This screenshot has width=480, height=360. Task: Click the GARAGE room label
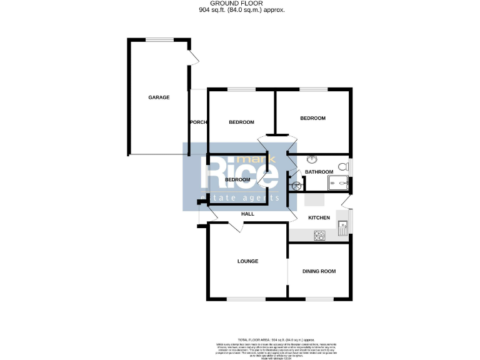(x=159, y=97)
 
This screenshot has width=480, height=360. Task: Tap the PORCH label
(x=198, y=122)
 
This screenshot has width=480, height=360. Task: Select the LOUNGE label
(x=247, y=261)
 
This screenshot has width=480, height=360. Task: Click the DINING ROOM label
(x=319, y=271)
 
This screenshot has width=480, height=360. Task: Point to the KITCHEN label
(x=319, y=217)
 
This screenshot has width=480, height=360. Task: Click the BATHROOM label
(x=319, y=172)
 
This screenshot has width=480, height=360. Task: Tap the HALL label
(x=248, y=214)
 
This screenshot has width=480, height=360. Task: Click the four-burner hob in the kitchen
(x=319, y=236)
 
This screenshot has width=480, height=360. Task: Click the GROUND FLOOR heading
(x=240, y=4)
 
